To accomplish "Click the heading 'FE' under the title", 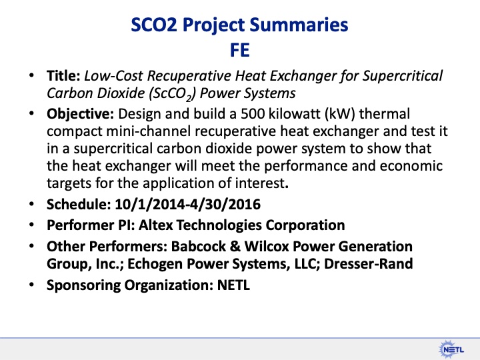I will pyautogui.click(x=240, y=51).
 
